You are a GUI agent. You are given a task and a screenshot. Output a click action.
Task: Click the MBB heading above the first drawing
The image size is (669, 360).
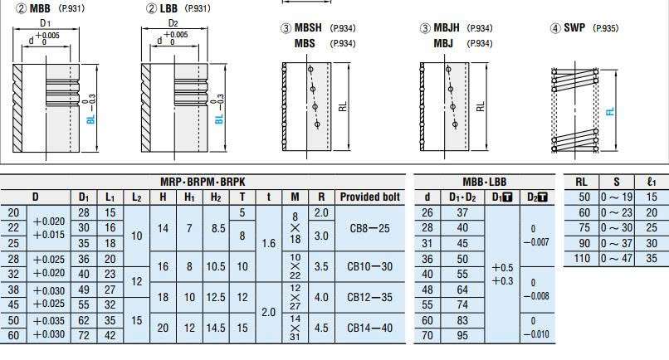click(x=40, y=7)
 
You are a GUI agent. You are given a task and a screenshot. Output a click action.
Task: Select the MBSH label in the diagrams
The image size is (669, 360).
click(x=309, y=27)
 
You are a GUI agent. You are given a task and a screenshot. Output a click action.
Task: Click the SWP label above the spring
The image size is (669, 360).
click(x=574, y=27)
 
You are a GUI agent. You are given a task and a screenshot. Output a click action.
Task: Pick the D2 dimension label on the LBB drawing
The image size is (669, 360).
click(x=173, y=22)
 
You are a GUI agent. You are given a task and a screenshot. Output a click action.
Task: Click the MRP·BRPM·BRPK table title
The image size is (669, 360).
click(x=203, y=182)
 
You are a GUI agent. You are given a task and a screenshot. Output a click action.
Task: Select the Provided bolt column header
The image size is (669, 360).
click(x=369, y=197)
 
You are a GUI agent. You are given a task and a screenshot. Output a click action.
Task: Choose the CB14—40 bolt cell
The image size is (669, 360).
click(x=369, y=328)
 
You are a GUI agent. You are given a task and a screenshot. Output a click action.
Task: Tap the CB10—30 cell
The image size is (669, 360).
click(x=369, y=266)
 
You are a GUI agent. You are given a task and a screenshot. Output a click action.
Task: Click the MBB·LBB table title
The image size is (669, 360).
click(x=484, y=182)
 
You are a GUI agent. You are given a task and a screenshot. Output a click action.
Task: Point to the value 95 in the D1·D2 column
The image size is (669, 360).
click(x=463, y=336)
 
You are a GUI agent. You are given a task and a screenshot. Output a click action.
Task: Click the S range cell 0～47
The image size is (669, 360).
click(x=617, y=258)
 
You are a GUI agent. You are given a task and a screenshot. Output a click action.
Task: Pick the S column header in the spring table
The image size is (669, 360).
click(x=616, y=182)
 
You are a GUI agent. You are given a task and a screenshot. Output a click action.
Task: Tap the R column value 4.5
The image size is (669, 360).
click(x=321, y=328)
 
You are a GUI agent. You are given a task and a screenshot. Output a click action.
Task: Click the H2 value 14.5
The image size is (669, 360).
click(x=216, y=328)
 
